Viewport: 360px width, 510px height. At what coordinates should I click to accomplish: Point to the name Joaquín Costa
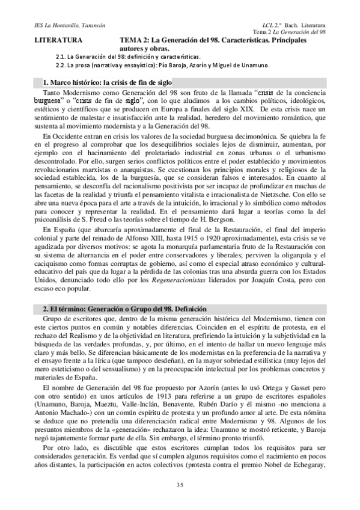pos(271,293)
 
